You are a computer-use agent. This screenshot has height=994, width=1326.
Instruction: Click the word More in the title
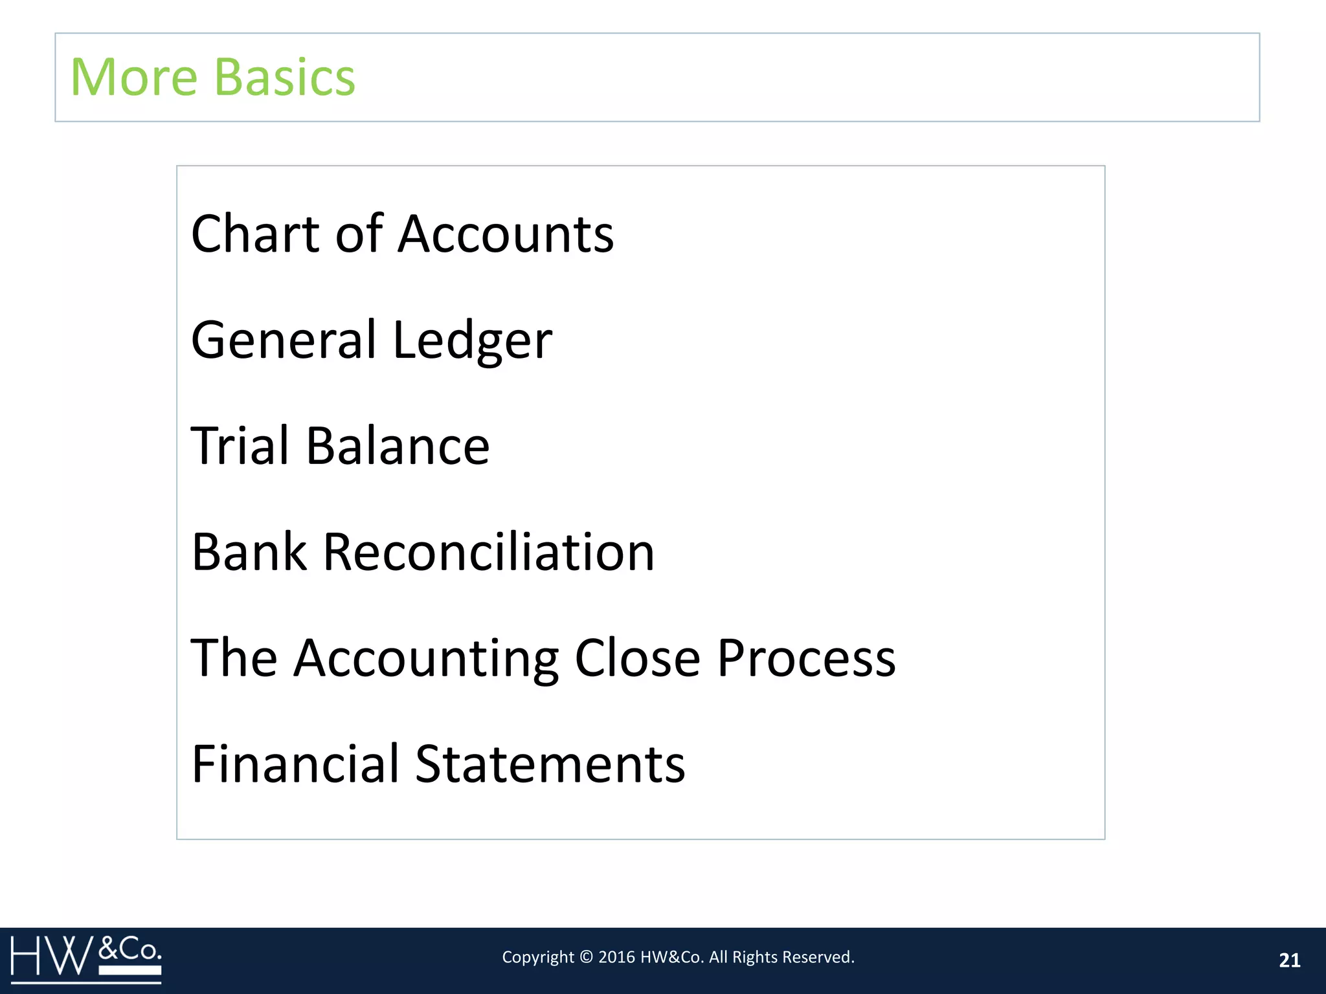(x=133, y=77)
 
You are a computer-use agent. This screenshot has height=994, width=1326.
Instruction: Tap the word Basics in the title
(x=284, y=77)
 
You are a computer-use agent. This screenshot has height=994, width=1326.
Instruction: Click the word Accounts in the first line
(x=506, y=234)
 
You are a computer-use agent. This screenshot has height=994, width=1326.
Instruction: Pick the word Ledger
(x=473, y=341)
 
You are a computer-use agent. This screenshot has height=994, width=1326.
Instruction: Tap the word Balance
(x=398, y=446)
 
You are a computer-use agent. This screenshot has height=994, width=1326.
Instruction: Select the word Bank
(x=249, y=552)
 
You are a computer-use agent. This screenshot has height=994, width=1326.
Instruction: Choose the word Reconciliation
(x=489, y=552)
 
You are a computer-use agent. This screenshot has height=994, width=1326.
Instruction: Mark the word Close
(x=638, y=657)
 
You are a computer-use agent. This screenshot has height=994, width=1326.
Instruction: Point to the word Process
(x=807, y=658)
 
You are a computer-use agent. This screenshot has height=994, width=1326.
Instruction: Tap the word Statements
(x=550, y=764)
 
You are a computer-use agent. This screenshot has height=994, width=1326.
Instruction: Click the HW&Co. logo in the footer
(x=86, y=958)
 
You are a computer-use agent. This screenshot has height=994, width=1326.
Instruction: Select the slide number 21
(x=1290, y=960)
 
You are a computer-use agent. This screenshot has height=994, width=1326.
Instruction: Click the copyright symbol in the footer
(x=586, y=957)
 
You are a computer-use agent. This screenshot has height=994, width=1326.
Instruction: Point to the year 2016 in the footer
(x=616, y=957)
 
